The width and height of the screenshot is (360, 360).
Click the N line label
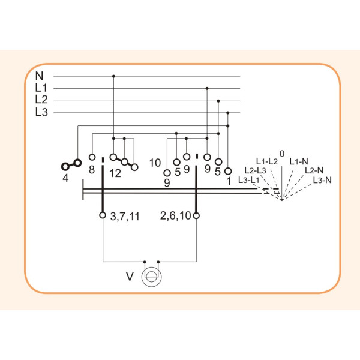(39, 76)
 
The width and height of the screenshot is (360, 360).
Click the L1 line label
(41, 88)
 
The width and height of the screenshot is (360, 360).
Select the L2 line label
(41, 100)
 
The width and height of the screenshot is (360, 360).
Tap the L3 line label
(41, 112)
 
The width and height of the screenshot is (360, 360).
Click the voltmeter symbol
(152, 277)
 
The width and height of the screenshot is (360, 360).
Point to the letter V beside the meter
(130, 276)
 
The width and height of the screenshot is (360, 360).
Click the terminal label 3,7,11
(125, 217)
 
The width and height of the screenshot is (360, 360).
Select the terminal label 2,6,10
(175, 216)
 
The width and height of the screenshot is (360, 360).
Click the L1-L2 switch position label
(267, 161)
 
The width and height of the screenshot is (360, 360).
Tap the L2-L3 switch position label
(256, 170)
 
